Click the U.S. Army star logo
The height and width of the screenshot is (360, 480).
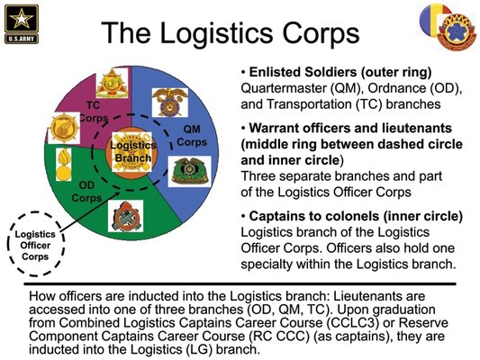click(x=22, y=24)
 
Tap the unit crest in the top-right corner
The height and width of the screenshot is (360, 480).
click(x=457, y=31)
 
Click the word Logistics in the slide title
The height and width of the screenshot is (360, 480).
click(x=216, y=32)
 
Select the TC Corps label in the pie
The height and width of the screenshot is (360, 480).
click(x=94, y=112)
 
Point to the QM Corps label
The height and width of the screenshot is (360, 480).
click(x=192, y=136)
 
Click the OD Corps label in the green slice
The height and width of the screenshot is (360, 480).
click(x=86, y=192)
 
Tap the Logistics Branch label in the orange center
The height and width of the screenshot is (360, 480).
click(x=133, y=152)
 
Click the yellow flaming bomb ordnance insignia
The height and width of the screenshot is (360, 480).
click(x=64, y=164)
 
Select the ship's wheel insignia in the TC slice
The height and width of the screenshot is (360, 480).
click(x=64, y=128)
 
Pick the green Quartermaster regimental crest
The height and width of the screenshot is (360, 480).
click(x=189, y=171)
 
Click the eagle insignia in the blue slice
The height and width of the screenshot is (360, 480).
click(x=170, y=103)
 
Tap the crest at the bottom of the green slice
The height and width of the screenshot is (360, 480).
click(x=125, y=216)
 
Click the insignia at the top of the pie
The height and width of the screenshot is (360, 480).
click(x=112, y=83)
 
